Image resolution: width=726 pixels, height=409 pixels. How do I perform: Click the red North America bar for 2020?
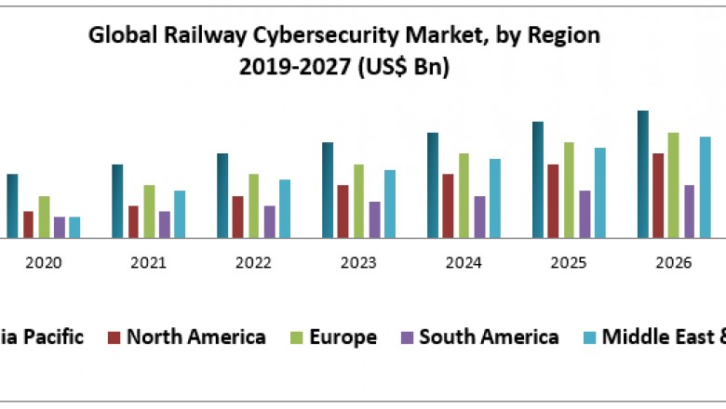tap(28, 225)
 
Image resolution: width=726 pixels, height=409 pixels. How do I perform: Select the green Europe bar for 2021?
tap(149, 212)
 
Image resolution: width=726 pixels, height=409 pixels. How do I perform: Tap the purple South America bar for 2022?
tap(270, 222)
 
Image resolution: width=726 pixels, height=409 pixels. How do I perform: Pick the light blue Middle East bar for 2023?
tap(390, 204)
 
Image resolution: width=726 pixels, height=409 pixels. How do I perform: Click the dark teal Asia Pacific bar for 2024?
tap(432, 186)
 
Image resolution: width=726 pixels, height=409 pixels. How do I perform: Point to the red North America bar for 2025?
tap(553, 202)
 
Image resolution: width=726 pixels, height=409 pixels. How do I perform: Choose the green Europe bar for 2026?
tap(674, 186)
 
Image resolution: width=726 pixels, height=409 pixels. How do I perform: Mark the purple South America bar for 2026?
tap(690, 212)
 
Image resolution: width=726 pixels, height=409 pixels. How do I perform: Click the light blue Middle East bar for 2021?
tap(180, 215)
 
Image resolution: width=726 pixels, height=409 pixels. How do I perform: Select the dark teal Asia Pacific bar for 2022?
tap(222, 196)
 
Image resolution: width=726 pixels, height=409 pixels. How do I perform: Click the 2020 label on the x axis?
tap(43, 263)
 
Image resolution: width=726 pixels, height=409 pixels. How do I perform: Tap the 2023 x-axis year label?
tap(358, 263)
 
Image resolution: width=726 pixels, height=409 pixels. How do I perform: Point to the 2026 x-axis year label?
tap(673, 263)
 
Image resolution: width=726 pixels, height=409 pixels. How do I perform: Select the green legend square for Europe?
tap(300, 337)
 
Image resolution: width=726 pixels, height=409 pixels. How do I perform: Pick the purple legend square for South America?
tap(407, 337)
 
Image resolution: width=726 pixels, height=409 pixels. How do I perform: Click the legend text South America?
tap(489, 336)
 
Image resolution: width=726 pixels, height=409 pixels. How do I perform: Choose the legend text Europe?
tap(345, 336)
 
